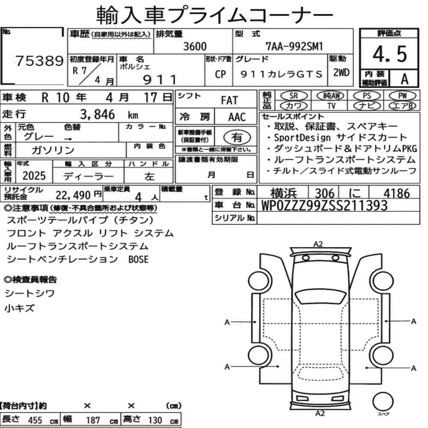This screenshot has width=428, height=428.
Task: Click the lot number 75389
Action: pos(39,61)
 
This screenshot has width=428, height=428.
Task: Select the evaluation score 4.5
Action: pos(390,54)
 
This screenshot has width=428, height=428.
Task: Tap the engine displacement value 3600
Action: pos(195,46)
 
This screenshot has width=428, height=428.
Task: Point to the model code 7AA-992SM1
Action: pos(294,46)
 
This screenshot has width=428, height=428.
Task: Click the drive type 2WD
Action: pos(341,73)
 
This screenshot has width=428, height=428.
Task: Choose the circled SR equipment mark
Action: pos(294,95)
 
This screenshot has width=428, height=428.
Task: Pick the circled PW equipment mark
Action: pos(402,95)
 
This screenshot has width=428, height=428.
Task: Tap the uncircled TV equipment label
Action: pos(331,106)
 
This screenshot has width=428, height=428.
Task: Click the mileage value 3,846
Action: pos(98,114)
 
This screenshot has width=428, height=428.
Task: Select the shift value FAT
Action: pos(229,101)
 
